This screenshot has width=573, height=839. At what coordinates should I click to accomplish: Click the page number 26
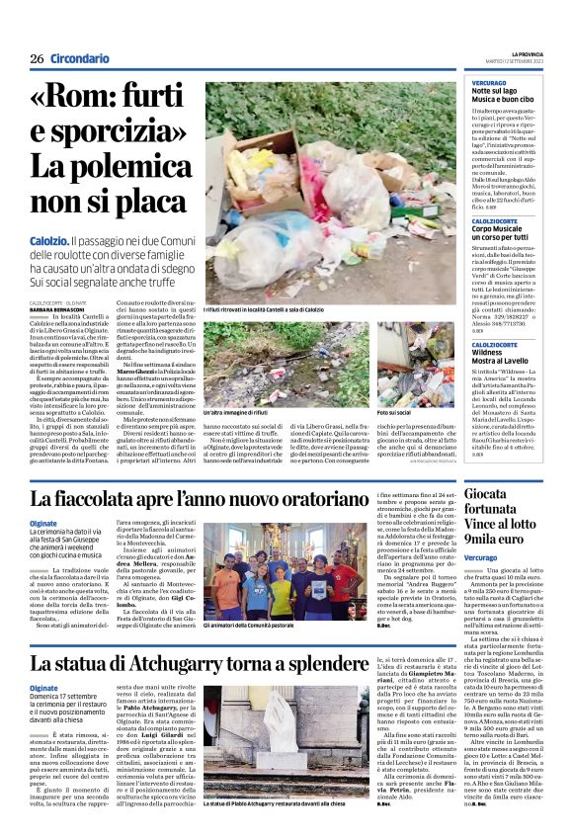point(37,59)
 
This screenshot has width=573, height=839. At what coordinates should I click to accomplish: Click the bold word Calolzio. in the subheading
point(49,240)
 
